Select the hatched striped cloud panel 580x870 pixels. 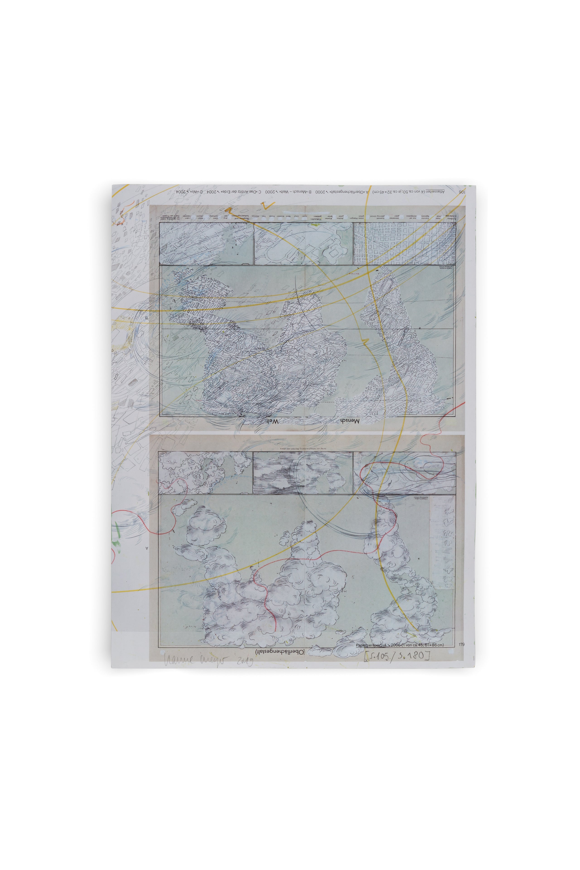tap(303, 473)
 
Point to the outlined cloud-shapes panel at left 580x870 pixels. tap(205, 473)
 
